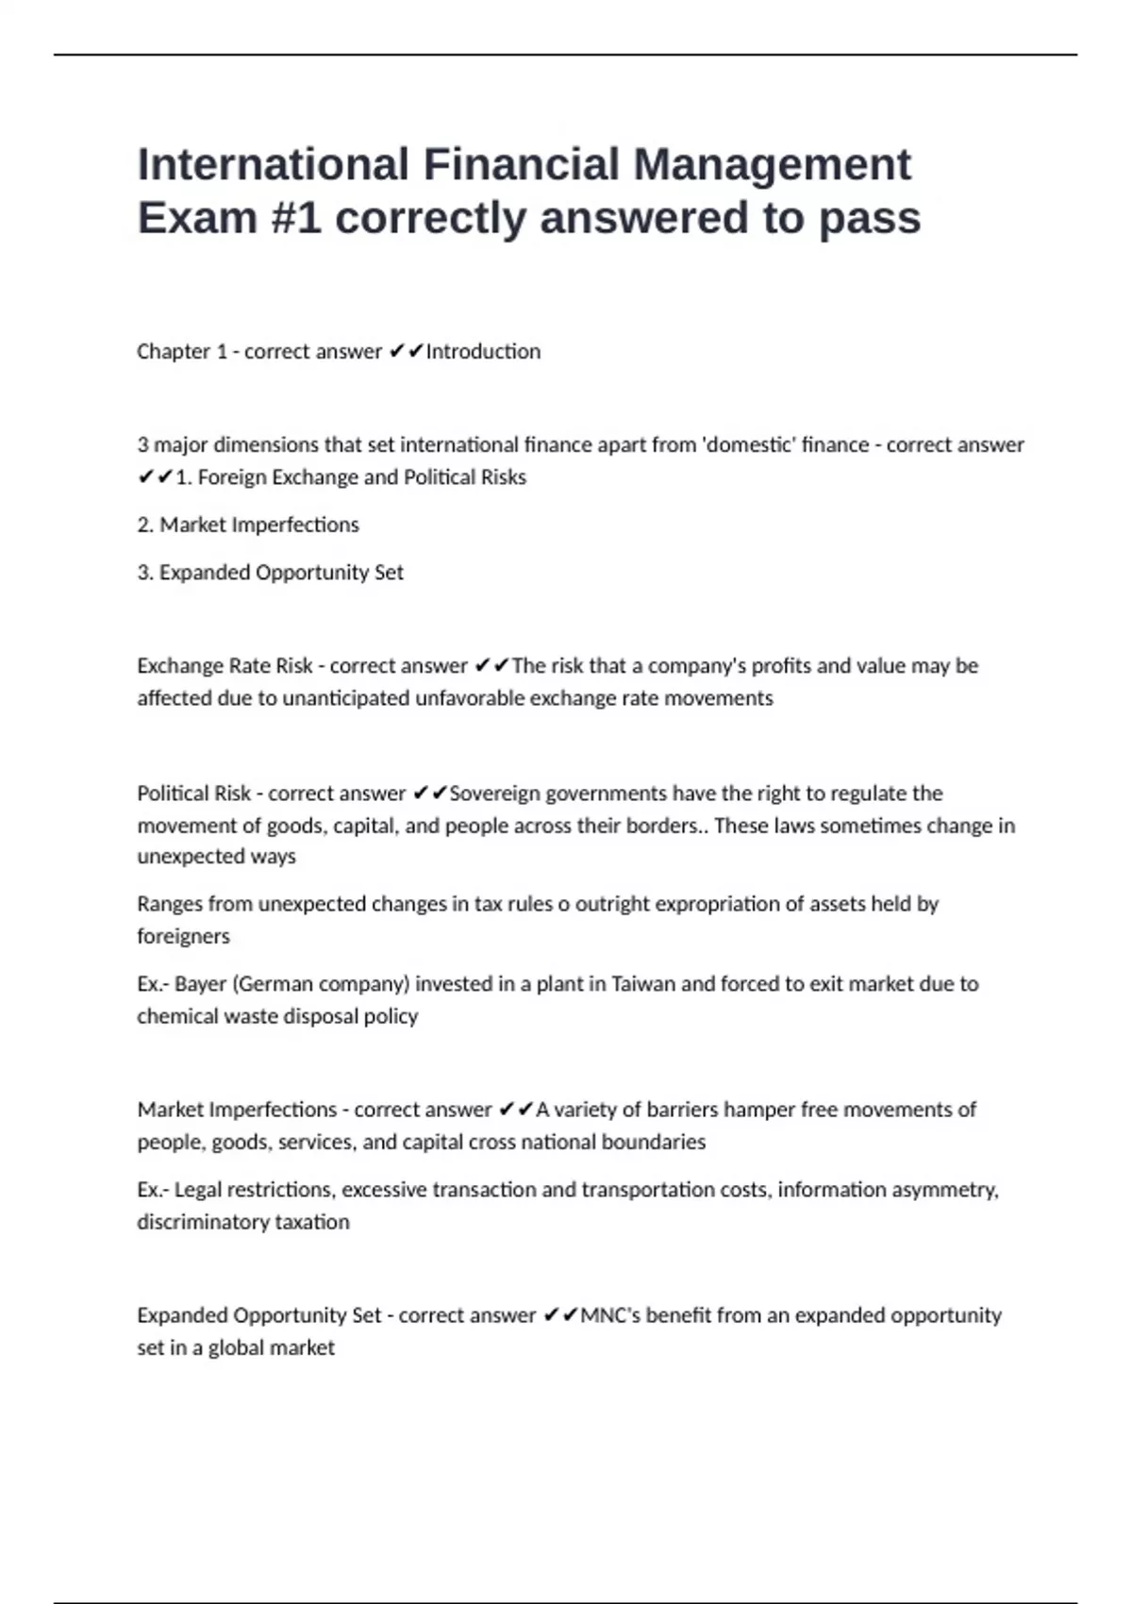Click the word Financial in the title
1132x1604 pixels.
(520, 164)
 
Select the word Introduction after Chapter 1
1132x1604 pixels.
(484, 351)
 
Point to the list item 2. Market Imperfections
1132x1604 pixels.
(248, 525)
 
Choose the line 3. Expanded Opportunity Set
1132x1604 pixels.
(270, 572)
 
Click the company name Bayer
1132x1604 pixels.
(200, 984)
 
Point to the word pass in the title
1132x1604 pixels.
(869, 218)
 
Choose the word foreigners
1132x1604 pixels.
(183, 936)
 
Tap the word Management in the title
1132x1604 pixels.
(772, 164)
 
